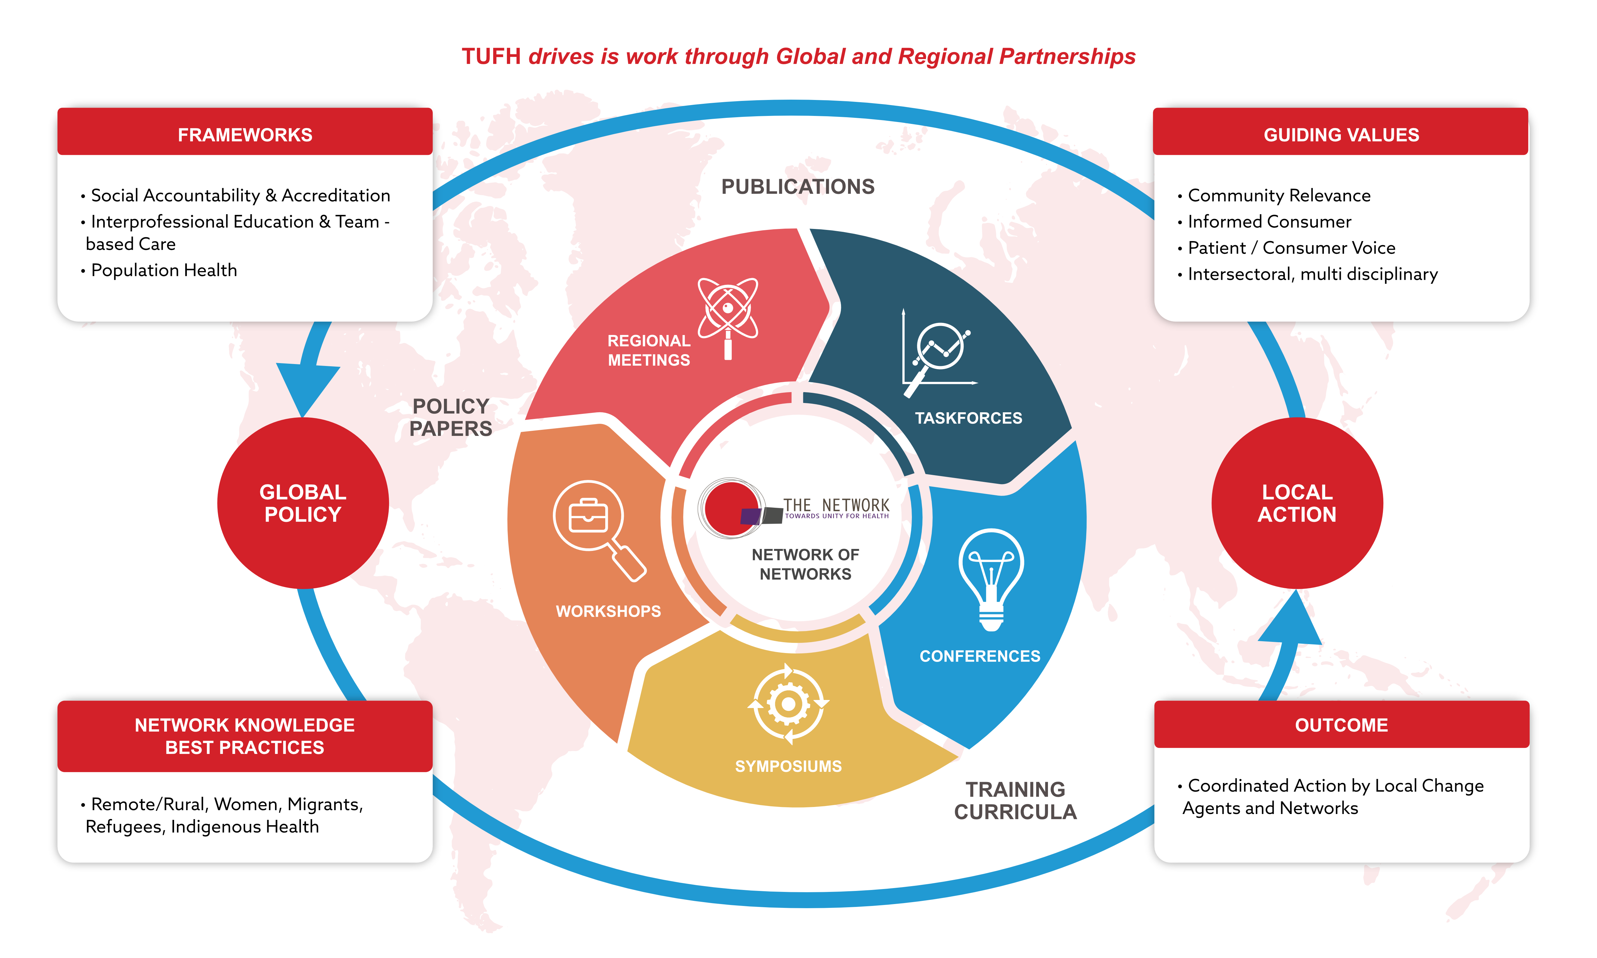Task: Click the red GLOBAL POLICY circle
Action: pos(303,503)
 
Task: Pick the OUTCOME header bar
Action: pos(1341,724)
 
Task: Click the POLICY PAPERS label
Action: pos(451,417)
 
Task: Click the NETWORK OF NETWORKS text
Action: pos(805,564)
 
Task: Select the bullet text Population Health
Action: pos(164,270)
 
